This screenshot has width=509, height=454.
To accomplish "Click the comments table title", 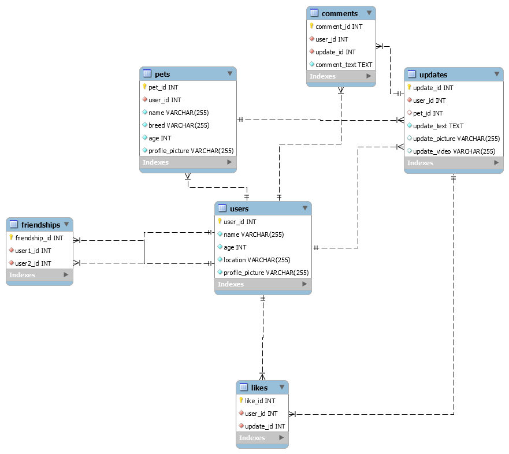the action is (x=340, y=14).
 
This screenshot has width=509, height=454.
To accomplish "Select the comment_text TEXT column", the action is (x=344, y=65).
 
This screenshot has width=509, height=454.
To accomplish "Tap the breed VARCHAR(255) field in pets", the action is (x=179, y=125).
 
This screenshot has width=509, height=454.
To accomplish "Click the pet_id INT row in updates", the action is (x=428, y=113).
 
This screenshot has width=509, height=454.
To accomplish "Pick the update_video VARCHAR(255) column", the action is (x=454, y=151).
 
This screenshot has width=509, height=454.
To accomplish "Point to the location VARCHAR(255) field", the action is (x=257, y=260).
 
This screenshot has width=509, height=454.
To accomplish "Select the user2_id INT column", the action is (x=33, y=263).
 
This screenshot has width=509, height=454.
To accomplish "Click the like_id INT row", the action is (x=260, y=401).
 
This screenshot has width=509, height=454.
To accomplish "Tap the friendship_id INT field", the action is (x=39, y=238).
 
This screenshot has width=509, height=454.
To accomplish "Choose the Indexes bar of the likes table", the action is (x=262, y=438).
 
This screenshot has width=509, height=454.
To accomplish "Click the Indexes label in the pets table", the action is (x=155, y=162).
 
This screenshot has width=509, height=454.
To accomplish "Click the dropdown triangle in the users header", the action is (x=305, y=208).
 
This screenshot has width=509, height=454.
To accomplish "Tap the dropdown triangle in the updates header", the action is (x=497, y=74).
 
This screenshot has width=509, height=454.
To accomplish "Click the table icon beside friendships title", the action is (x=14, y=224).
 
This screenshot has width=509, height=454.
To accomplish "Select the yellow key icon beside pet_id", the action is (x=144, y=87).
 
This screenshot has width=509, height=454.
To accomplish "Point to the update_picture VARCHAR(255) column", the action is (x=456, y=139).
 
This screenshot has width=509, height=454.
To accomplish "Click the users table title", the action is (x=239, y=209).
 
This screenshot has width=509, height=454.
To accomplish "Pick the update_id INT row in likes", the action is (x=265, y=426).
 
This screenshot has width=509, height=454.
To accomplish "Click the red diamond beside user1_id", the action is (x=12, y=250).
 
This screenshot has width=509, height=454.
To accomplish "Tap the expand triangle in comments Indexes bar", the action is (x=369, y=76).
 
